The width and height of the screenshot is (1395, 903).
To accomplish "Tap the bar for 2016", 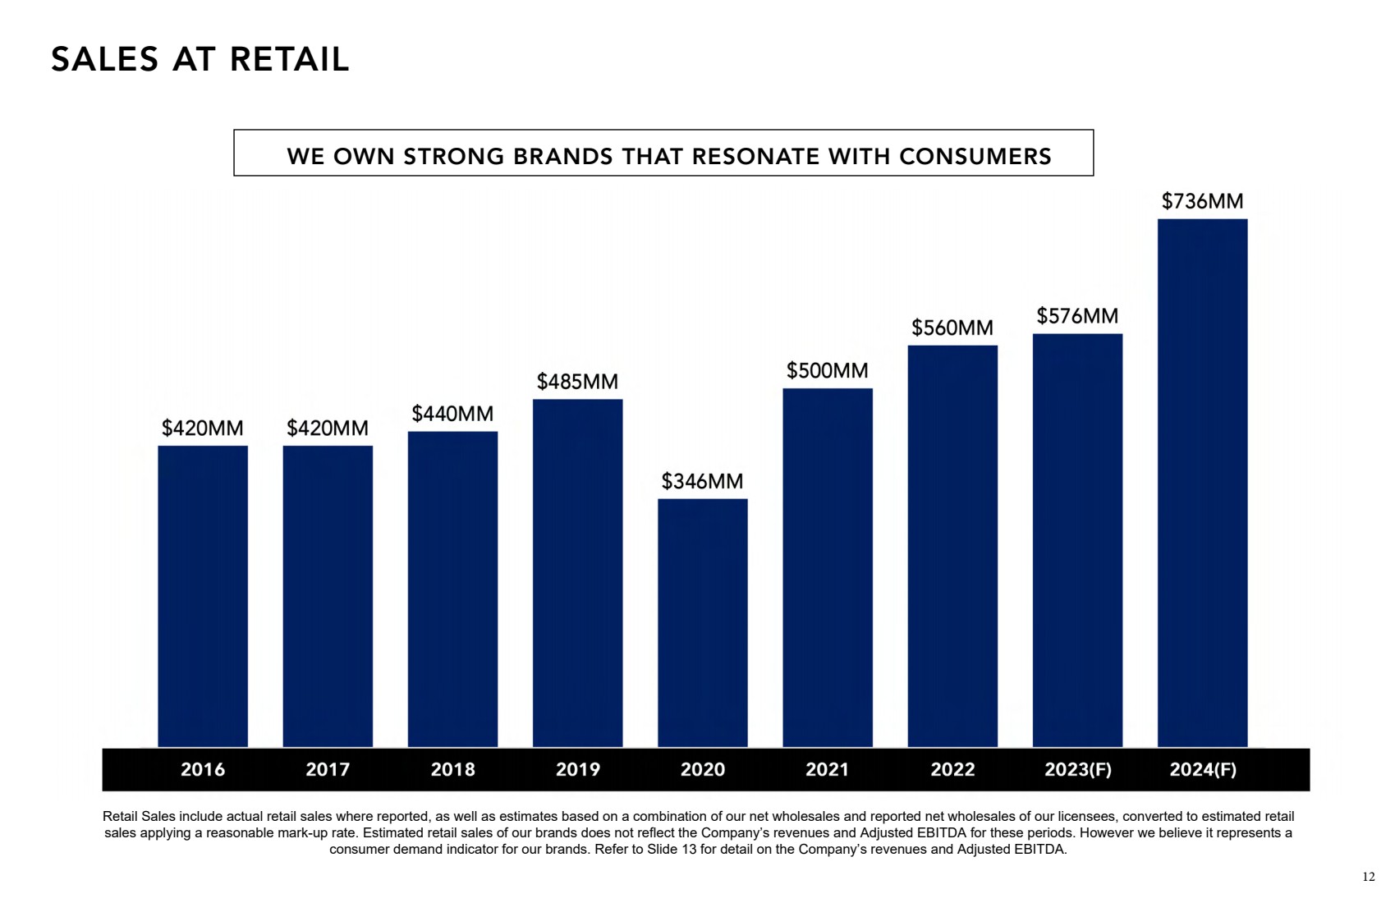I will (203, 596).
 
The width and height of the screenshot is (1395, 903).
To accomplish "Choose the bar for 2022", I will (952, 546).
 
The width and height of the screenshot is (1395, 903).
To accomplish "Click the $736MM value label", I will (1202, 201).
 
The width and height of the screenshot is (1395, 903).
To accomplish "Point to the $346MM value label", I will (702, 481).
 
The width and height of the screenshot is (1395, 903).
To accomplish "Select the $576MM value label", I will (1077, 316).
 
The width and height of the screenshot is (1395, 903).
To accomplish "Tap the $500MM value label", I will (827, 370).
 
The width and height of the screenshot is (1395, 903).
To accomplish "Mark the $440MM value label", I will (452, 414).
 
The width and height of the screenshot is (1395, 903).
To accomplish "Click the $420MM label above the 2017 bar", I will (328, 428).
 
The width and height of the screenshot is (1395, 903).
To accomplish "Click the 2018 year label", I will (452, 769).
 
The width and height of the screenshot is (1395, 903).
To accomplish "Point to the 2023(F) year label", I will (1077, 769).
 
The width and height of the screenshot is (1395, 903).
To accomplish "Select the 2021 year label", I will (827, 769).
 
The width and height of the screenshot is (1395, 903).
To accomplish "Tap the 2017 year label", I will (328, 769).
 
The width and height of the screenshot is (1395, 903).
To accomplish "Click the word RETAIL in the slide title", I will (289, 60).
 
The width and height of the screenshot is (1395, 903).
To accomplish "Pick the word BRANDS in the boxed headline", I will (562, 156).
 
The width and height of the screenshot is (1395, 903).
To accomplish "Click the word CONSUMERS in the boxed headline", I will (975, 156).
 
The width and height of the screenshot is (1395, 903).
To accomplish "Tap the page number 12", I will (1368, 877).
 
